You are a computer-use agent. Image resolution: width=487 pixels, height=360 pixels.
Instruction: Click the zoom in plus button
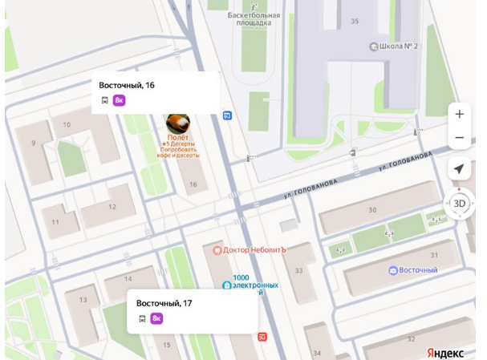click(459, 114)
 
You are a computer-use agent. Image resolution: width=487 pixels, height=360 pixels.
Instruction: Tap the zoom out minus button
click(459, 138)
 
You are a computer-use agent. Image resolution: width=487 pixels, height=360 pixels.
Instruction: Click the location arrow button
click(459, 169)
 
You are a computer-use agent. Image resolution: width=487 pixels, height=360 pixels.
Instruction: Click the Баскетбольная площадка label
click(254, 18)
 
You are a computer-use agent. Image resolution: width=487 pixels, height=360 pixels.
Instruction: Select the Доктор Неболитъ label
click(254, 250)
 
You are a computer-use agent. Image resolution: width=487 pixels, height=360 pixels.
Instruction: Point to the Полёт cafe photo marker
click(177, 122)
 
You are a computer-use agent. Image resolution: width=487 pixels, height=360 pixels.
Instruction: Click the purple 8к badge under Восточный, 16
click(119, 100)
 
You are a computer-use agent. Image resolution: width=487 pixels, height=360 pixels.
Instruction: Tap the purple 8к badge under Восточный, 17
click(156, 318)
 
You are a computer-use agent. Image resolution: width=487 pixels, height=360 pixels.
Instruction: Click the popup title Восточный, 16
click(127, 85)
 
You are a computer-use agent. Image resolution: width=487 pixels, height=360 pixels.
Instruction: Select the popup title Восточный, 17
click(164, 303)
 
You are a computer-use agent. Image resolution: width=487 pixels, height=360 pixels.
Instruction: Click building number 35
click(355, 22)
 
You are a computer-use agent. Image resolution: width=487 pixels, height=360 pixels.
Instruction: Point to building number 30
click(372, 210)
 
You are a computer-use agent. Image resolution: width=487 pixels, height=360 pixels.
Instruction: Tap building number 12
click(112, 207)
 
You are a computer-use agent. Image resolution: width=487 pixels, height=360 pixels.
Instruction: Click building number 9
click(34, 144)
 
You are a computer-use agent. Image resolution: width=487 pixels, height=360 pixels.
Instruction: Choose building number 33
click(298, 271)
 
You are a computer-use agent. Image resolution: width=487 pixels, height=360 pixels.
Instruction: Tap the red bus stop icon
click(262, 336)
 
